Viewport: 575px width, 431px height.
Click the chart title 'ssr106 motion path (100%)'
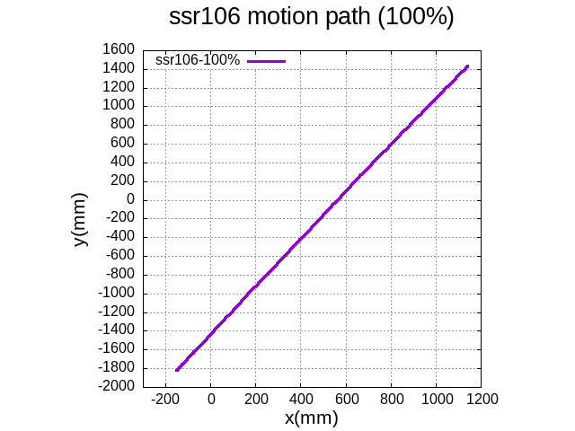tap(312, 17)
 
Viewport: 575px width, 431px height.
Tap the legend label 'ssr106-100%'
tap(197, 60)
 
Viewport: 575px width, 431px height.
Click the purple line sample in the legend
tap(266, 61)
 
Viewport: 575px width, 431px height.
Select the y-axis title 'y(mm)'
tap(80, 219)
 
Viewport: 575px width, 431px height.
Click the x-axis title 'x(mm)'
tap(312, 418)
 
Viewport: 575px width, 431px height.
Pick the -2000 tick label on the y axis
tap(118, 386)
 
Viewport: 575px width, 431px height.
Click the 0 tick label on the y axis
tap(130, 199)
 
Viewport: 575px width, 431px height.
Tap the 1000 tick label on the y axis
tap(120, 106)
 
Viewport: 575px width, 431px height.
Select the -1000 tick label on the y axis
tap(118, 293)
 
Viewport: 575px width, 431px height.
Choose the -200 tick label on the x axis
tap(165, 398)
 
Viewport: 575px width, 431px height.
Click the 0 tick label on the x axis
tap(211, 398)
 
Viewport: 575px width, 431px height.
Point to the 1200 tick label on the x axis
tap(482, 398)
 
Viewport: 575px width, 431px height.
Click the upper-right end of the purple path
tap(467, 66)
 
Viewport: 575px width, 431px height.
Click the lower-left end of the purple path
tap(177, 369)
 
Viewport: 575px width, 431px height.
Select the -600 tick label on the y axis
tap(120, 255)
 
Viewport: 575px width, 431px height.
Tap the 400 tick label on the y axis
tap(123, 162)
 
